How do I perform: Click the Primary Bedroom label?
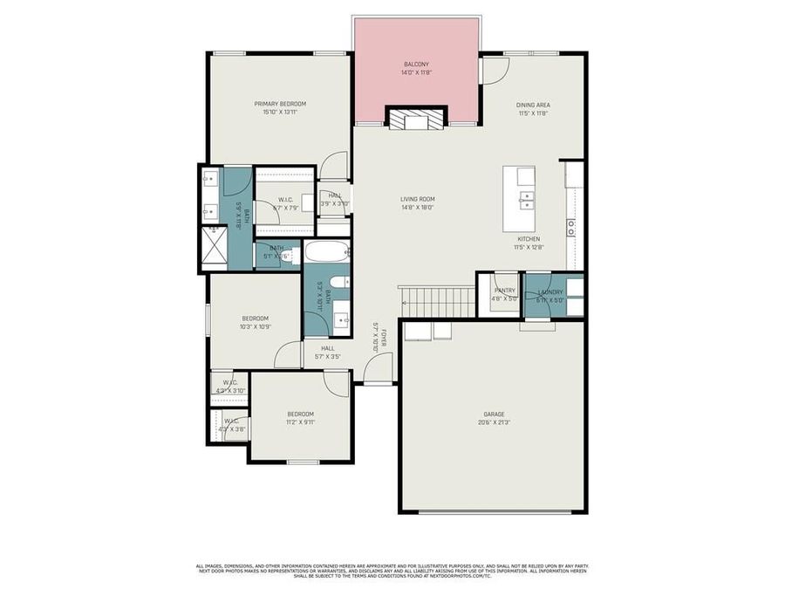click(280, 104)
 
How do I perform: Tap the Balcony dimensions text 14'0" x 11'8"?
click(416, 72)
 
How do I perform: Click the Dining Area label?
click(533, 105)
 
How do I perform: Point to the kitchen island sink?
click(525, 201)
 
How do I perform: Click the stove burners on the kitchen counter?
click(571, 228)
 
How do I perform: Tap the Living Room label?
click(417, 199)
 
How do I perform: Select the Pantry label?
click(505, 291)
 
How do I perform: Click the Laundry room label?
click(550, 291)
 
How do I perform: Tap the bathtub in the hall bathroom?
click(320, 254)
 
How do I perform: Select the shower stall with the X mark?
click(214, 247)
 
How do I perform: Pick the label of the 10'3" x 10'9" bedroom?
click(255, 318)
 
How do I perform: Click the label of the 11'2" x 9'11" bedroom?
click(300, 414)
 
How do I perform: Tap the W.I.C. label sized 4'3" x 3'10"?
click(230, 382)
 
